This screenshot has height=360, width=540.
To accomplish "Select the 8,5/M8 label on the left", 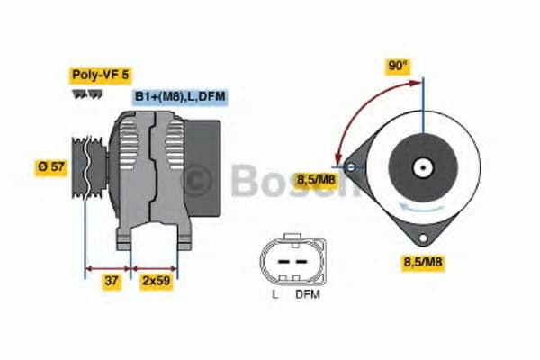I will coord(315,179).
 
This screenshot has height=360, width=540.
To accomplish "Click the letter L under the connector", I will coord(274,294).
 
